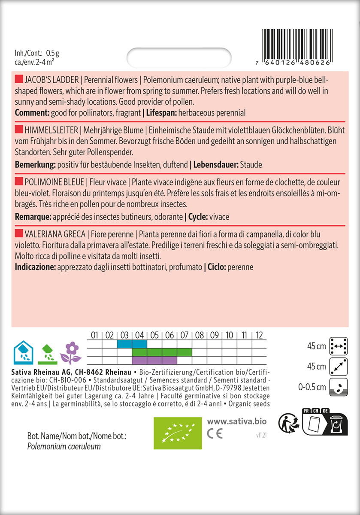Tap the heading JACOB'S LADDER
click(52, 80)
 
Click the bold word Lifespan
click(161, 113)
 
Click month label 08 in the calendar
click(200, 335)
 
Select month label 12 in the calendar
click(259, 335)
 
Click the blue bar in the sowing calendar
click(132, 344)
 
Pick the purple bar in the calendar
click(154, 360)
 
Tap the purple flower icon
click(71, 352)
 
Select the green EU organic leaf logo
click(178, 433)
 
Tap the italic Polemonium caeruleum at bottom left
click(64, 447)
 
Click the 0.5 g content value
click(52, 53)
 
